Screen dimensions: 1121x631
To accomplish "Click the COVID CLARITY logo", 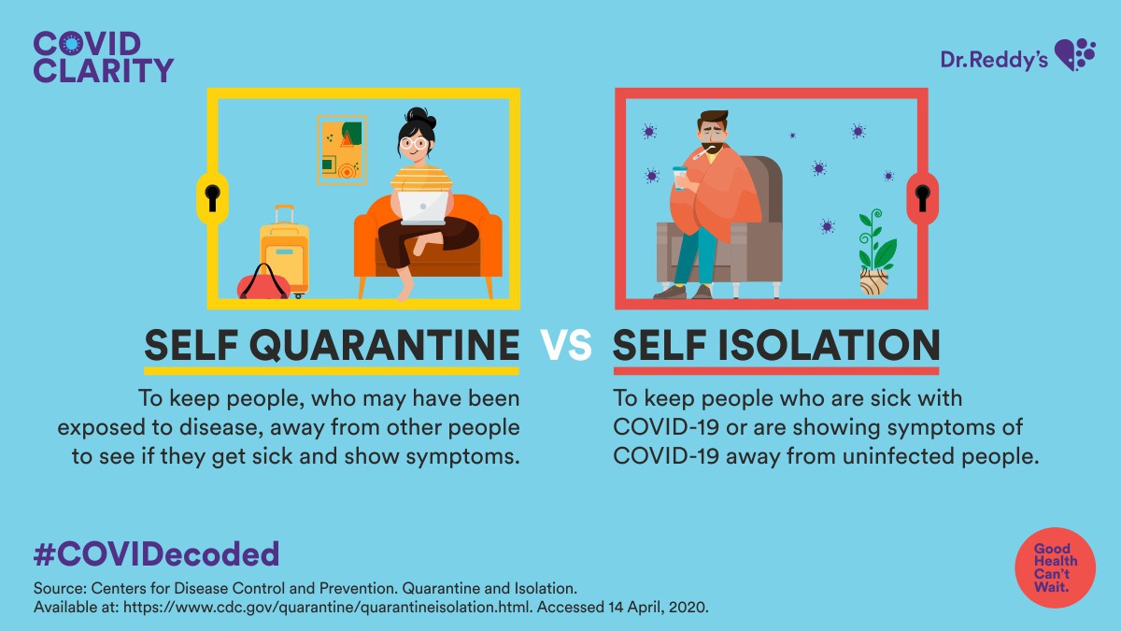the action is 104,57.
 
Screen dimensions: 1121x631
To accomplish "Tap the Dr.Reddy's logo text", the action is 994,60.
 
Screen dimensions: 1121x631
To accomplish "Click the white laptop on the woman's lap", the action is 423,208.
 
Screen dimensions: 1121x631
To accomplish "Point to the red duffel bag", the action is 263,283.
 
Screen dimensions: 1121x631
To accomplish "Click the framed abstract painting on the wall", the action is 342,150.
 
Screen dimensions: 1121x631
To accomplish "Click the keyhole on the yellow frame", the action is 212,197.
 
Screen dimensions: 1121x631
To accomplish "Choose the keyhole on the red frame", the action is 922,197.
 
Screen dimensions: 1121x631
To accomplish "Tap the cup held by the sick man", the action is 680,178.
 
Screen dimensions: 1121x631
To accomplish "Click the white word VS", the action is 567,345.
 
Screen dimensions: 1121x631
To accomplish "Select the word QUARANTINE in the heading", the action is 384,346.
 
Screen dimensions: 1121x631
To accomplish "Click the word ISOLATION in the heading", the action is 829,345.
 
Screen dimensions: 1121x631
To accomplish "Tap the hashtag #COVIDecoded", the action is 157,553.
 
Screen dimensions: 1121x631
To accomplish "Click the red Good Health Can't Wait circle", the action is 1056,568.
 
